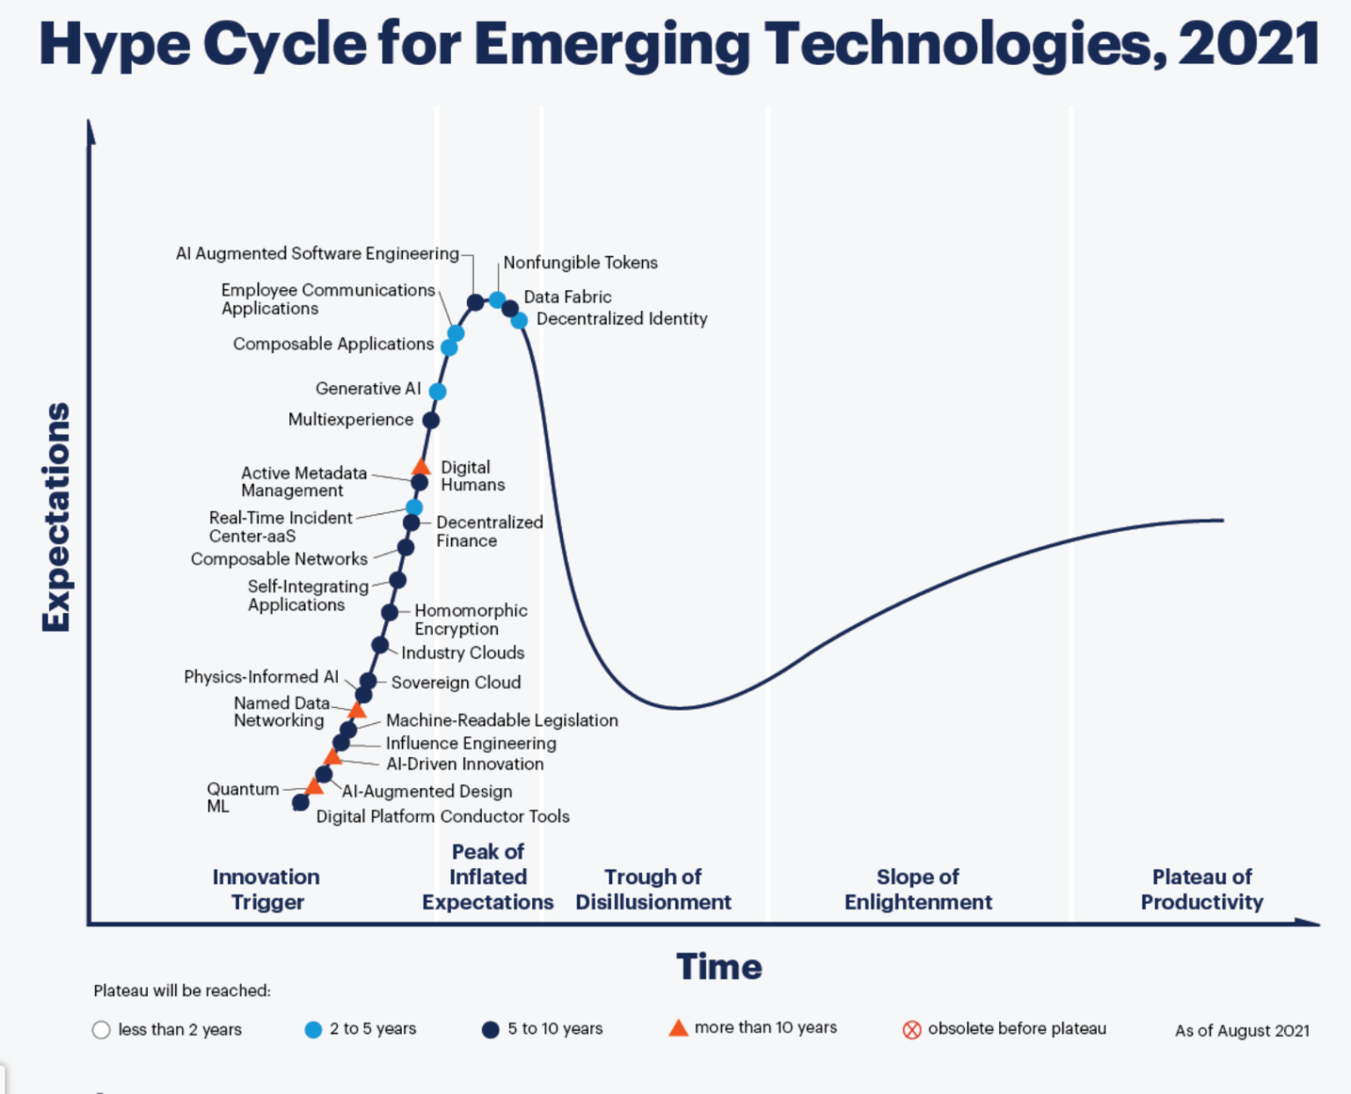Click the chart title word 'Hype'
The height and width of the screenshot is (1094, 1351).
[114, 44]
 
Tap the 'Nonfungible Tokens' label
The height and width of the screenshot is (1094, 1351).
[580, 262]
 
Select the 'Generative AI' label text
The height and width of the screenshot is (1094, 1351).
[368, 388]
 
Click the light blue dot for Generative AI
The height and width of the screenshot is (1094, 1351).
[437, 391]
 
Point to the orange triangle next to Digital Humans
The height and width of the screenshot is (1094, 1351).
[421, 467]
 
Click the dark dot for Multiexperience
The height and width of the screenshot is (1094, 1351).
[431, 420]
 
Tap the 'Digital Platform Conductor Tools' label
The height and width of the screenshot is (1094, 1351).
[442, 816]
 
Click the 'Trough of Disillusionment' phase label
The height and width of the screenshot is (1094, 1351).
[653, 889]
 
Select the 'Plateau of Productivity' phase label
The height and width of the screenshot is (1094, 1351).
[1201, 889]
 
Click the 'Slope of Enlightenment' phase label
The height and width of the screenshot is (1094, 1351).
[917, 889]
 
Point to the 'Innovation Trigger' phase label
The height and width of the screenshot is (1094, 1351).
[267, 889]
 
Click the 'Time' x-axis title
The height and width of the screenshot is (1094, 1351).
[719, 966]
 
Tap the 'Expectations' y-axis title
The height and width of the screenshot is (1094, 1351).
[56, 517]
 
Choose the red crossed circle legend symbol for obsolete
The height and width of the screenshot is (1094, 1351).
[912, 1030]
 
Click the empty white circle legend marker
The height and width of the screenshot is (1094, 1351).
[101, 1030]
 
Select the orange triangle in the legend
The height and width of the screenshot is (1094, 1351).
[678, 1028]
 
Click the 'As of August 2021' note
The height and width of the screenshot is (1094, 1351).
[1241, 1031]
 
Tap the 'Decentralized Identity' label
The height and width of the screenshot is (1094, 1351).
[621, 318]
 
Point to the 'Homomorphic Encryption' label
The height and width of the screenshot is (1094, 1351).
[470, 619]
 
